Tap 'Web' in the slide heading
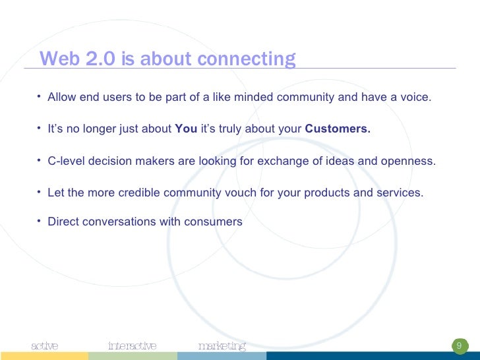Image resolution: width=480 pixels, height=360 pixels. [57, 59]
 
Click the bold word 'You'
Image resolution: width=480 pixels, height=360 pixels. [186, 129]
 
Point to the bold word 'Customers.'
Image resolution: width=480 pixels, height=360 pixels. [338, 129]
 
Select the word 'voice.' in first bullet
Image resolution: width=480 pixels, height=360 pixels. [415, 98]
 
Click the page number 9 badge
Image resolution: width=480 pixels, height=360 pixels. [459, 346]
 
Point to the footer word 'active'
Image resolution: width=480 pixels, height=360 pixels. [45, 346]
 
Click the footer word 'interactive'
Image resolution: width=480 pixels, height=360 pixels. [133, 346]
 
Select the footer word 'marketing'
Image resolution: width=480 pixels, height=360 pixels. [222, 346]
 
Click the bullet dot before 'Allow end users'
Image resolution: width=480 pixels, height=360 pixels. [40, 97]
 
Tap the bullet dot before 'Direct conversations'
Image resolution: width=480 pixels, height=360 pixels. [40, 221]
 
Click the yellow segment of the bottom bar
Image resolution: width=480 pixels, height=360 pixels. [44, 356]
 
